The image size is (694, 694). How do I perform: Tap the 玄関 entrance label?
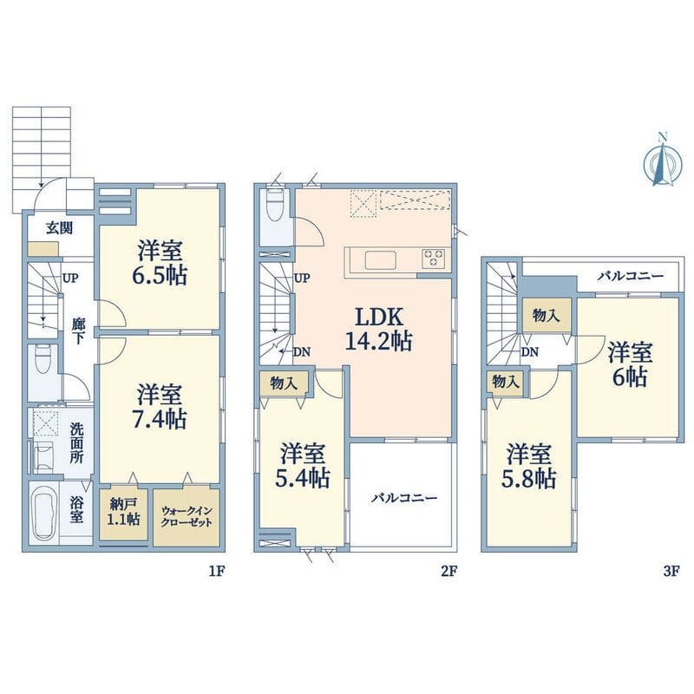pos(60,228)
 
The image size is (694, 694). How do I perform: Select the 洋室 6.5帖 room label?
pos(160,262)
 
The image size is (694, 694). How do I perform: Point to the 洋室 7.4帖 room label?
pos(160,407)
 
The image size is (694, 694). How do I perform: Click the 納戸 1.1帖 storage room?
pos(123,513)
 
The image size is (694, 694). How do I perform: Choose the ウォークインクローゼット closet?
pos(187,516)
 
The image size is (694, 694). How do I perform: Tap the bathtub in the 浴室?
pos(44,514)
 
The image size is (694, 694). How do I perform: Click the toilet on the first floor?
pos(43,359)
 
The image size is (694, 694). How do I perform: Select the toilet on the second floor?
pos(275,206)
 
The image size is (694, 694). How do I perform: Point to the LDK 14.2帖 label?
pos(378,330)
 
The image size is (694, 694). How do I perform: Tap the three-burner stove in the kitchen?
pos(433,258)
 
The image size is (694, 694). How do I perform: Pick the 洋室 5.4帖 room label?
pos(303,465)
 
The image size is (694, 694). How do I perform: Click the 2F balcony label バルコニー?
pos(404,498)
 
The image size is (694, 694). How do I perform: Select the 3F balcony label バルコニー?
pos(631,277)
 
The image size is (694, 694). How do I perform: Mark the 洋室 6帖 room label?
pos(630,364)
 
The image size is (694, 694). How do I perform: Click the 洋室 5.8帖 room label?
pos(529,466)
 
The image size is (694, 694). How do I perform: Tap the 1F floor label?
pos(218,572)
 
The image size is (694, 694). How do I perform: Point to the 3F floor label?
pos(671,572)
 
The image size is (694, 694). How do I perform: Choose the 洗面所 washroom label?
pos(76,443)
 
